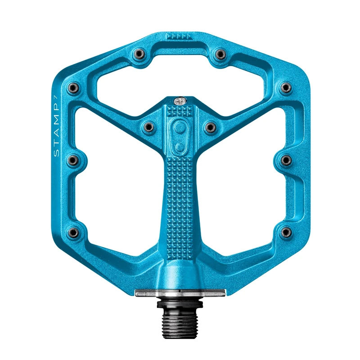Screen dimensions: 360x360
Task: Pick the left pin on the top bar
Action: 137,54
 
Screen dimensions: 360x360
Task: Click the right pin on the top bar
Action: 220,54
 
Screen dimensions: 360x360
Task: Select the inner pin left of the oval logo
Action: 148,128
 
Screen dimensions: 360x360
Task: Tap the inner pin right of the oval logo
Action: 209,128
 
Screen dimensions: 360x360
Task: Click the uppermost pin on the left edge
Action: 72,88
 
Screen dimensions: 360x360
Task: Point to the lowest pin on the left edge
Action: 73,232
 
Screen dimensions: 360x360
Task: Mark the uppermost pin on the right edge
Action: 285,87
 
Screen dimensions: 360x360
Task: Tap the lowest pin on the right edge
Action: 284,232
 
